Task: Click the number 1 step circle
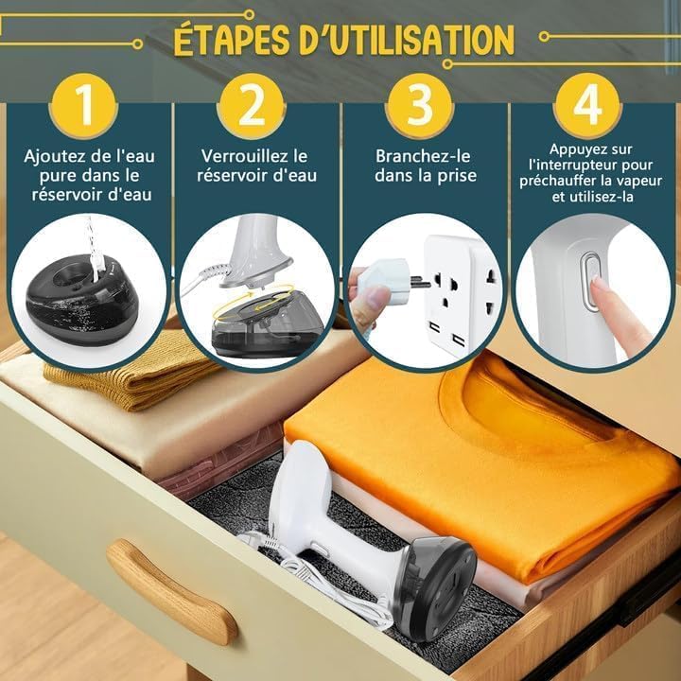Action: click(86, 105)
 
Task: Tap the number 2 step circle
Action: click(252, 105)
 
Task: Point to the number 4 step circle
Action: click(587, 105)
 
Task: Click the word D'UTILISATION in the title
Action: click(407, 40)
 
